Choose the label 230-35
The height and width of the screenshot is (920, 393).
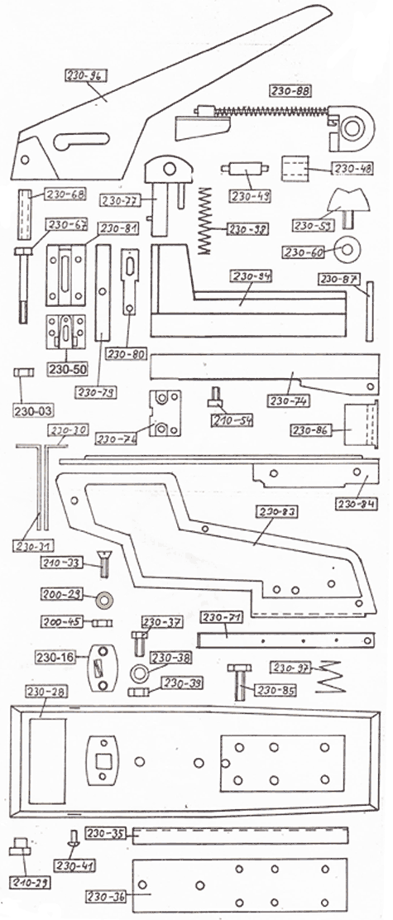point(105,833)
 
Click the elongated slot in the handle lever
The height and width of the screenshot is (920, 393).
point(83,141)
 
